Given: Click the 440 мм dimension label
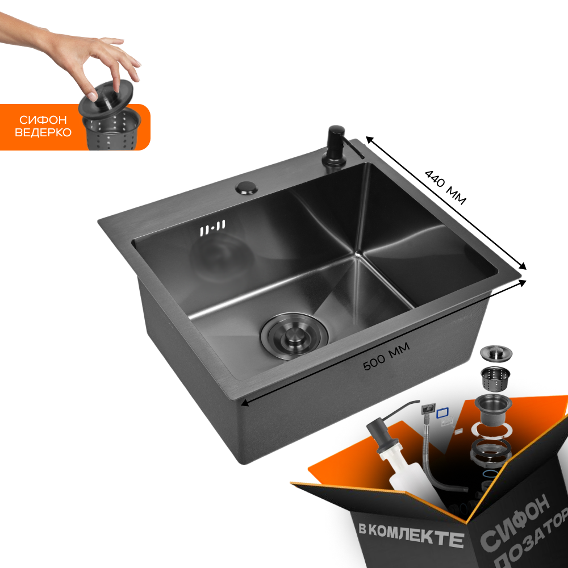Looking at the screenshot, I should (x=445, y=187).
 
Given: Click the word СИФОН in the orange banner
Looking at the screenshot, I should (x=43, y=120).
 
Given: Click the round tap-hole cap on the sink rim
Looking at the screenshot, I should (x=247, y=187).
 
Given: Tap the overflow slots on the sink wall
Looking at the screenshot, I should (x=212, y=228).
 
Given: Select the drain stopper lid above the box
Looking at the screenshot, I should (x=496, y=353).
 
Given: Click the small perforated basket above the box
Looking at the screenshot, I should (x=495, y=376).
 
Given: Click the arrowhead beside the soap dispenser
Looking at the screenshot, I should (x=369, y=140).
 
